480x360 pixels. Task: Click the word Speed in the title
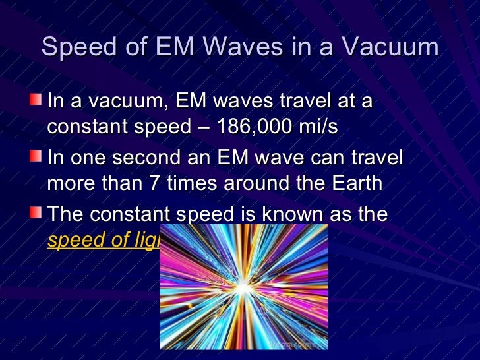coord(78,48)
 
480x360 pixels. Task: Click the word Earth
coord(353,183)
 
